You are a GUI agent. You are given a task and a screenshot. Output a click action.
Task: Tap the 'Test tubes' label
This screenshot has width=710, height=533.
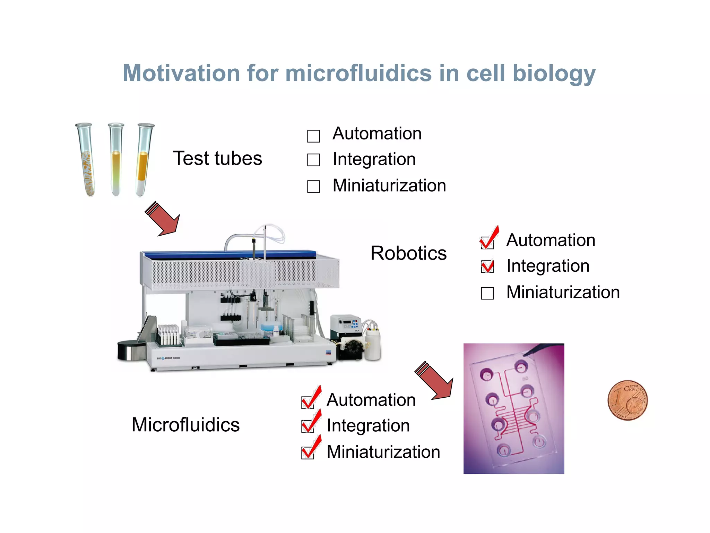click(x=217, y=159)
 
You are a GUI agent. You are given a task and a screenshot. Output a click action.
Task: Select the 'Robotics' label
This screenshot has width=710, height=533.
click(x=408, y=253)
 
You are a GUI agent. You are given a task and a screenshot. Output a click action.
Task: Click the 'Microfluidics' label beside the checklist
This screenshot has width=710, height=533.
click(x=185, y=425)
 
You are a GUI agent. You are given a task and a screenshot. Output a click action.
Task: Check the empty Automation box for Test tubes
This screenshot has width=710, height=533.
click(x=313, y=136)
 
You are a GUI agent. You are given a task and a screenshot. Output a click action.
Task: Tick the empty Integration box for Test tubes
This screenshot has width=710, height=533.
click(x=313, y=160)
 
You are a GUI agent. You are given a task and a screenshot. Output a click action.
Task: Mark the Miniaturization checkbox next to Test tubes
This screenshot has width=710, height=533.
click(x=313, y=186)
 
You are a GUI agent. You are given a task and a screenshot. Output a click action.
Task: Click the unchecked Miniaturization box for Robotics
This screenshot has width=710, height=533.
click(x=487, y=293)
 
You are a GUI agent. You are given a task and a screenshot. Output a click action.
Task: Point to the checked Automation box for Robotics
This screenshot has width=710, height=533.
click(x=487, y=242)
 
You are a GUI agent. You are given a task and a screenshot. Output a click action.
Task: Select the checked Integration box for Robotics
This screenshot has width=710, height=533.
click(x=487, y=266)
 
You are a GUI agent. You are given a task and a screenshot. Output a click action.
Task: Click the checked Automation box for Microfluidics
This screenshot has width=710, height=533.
click(x=308, y=402)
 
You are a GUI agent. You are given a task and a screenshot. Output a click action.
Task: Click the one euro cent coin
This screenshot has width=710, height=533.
click(x=627, y=400)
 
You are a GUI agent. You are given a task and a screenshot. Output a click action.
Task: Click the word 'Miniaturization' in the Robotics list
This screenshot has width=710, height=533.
click(x=563, y=292)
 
